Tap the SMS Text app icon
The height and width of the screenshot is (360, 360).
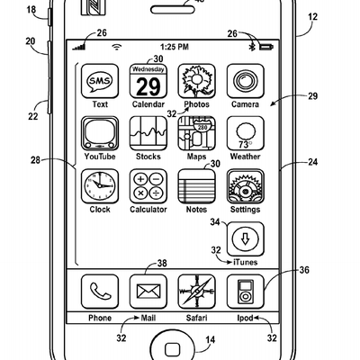100,81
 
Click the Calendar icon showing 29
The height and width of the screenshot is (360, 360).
148,81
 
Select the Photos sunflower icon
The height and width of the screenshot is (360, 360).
196,81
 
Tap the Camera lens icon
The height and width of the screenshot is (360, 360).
246,81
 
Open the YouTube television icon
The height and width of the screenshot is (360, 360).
100,133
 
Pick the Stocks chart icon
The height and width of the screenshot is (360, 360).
148,133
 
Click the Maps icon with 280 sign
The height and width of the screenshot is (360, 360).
196,133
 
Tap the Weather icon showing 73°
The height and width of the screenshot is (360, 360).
246,133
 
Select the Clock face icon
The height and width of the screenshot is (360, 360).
100,186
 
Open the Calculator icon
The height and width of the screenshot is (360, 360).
148,186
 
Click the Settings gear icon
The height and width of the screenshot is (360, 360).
246,186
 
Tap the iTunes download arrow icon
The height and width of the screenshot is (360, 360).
246,239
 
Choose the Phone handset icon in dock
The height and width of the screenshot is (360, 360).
100,292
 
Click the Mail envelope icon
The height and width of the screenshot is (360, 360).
148,292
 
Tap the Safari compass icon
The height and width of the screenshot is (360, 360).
196,292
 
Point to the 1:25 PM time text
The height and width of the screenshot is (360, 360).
175,47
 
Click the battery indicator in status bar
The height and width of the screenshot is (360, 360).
266,47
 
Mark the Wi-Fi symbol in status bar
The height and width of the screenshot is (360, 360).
117,47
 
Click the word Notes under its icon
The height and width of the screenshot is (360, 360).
196,210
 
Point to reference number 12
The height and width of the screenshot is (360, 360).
312,16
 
